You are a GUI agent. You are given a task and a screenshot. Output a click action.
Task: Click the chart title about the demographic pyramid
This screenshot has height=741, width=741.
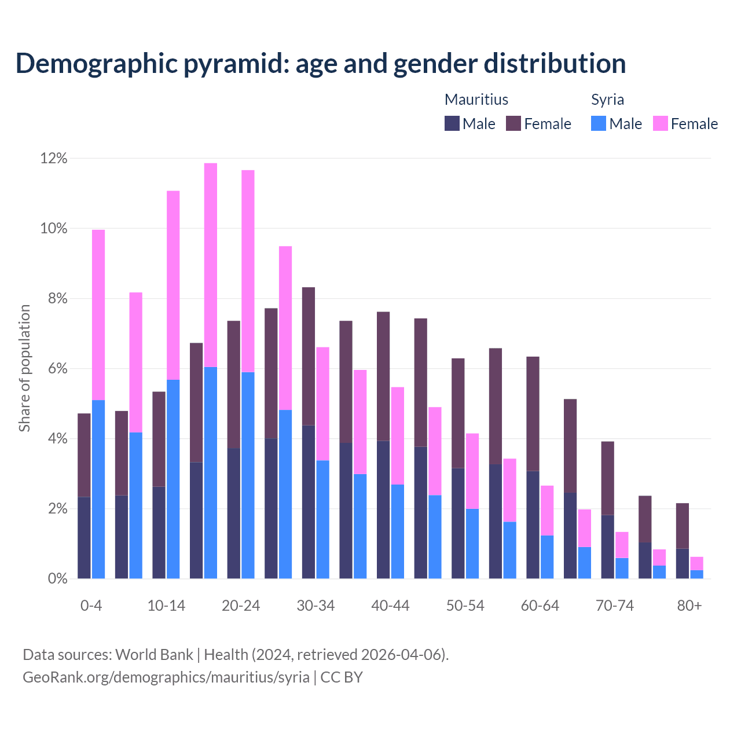(321, 64)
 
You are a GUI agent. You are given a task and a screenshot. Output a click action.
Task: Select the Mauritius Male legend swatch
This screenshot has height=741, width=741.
(452, 123)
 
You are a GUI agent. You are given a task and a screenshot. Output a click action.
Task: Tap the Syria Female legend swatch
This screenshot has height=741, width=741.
(661, 123)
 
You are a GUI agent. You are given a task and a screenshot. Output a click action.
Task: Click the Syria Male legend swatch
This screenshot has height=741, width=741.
(599, 123)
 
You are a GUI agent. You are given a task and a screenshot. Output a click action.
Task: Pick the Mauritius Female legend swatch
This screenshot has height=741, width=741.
(513, 123)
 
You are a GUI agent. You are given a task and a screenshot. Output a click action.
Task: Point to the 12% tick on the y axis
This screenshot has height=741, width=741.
(54, 159)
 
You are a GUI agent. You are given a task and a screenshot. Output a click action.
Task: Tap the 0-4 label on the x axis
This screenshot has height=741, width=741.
(91, 606)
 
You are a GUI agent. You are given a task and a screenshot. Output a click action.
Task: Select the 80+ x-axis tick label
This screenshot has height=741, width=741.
(689, 606)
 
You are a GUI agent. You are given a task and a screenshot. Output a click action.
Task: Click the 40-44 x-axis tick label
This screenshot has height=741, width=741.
(390, 606)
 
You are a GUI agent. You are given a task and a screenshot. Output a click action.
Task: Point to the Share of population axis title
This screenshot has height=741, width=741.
(25, 368)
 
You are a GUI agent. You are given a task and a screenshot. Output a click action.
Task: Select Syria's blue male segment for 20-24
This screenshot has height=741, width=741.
(248, 475)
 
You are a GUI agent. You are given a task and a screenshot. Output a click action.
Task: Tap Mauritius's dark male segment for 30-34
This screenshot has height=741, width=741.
(309, 501)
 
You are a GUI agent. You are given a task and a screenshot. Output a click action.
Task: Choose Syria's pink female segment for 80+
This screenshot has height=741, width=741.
(697, 563)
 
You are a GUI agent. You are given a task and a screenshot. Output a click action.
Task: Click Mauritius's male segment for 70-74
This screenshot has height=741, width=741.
(608, 546)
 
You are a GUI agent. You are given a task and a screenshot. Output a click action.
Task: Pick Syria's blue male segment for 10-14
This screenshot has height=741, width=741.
(173, 479)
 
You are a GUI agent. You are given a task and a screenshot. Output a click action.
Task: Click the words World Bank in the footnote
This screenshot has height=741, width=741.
(154, 655)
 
